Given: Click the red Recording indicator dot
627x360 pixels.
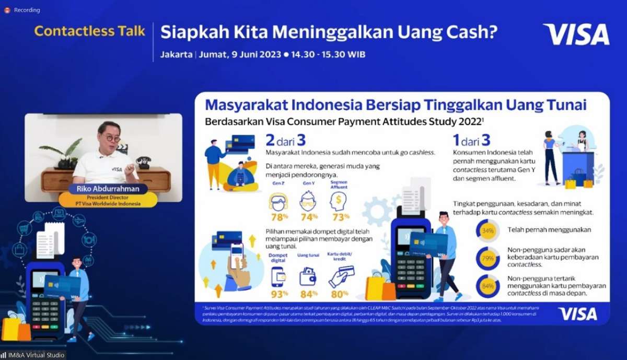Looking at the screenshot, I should pos(7,10).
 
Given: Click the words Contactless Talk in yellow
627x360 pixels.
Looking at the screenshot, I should pos(89,31).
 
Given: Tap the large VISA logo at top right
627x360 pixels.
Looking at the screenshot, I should pos(576,34).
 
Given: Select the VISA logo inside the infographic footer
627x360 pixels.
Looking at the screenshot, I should pos(577,313).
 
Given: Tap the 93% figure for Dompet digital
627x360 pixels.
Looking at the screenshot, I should pos(279,294).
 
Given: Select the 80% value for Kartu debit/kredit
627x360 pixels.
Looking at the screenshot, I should pos(340,294).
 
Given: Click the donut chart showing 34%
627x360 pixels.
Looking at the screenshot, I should pos(487,230).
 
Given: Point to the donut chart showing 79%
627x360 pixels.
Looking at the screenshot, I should pos(487,258).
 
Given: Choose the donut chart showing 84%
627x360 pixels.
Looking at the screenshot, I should pos(487,286).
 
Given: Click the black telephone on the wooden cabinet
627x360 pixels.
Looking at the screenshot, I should pos(142,162).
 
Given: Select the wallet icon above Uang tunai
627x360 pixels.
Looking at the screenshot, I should pos(308,276).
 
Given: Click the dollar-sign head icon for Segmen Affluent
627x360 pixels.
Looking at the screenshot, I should pos(338,201).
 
